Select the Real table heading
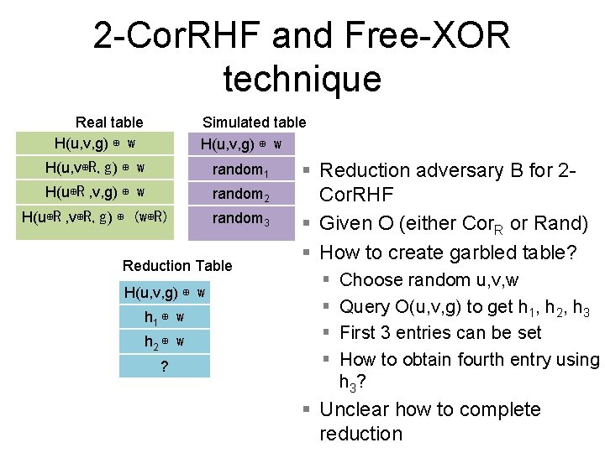(x=109, y=122)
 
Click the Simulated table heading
(x=255, y=122)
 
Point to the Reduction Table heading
(x=177, y=266)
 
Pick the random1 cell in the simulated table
(x=240, y=170)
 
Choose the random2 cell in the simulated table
(x=240, y=195)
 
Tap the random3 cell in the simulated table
(x=240, y=219)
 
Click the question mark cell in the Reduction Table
(x=165, y=367)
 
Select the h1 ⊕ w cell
(x=165, y=318)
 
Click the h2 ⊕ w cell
(x=165, y=342)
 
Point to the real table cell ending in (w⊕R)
(x=95, y=217)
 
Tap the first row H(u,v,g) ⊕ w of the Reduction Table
(x=165, y=293)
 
